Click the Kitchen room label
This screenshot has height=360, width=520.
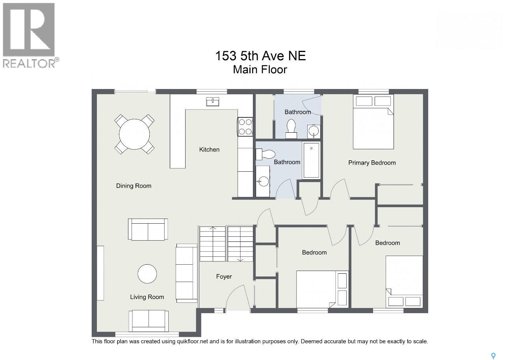(x=209, y=150)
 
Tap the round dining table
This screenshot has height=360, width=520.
(x=134, y=134)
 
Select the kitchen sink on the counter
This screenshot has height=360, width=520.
(x=212, y=102)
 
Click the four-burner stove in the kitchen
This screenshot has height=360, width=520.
(x=245, y=127)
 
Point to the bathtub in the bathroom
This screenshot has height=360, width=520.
(x=311, y=160)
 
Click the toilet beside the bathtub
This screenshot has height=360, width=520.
(x=266, y=154)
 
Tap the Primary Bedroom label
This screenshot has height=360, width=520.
(x=372, y=163)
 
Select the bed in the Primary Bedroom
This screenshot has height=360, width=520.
(x=373, y=121)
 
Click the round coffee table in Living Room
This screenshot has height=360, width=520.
(x=147, y=274)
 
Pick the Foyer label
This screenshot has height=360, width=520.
(x=224, y=276)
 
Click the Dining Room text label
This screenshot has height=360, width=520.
(x=134, y=186)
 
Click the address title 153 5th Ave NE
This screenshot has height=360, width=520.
(x=260, y=56)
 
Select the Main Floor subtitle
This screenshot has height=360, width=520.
(x=260, y=70)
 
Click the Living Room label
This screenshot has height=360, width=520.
(x=147, y=297)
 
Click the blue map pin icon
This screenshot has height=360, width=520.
(x=493, y=356)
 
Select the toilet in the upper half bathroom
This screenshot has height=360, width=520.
(x=291, y=129)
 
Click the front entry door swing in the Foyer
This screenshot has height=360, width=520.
(x=238, y=297)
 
